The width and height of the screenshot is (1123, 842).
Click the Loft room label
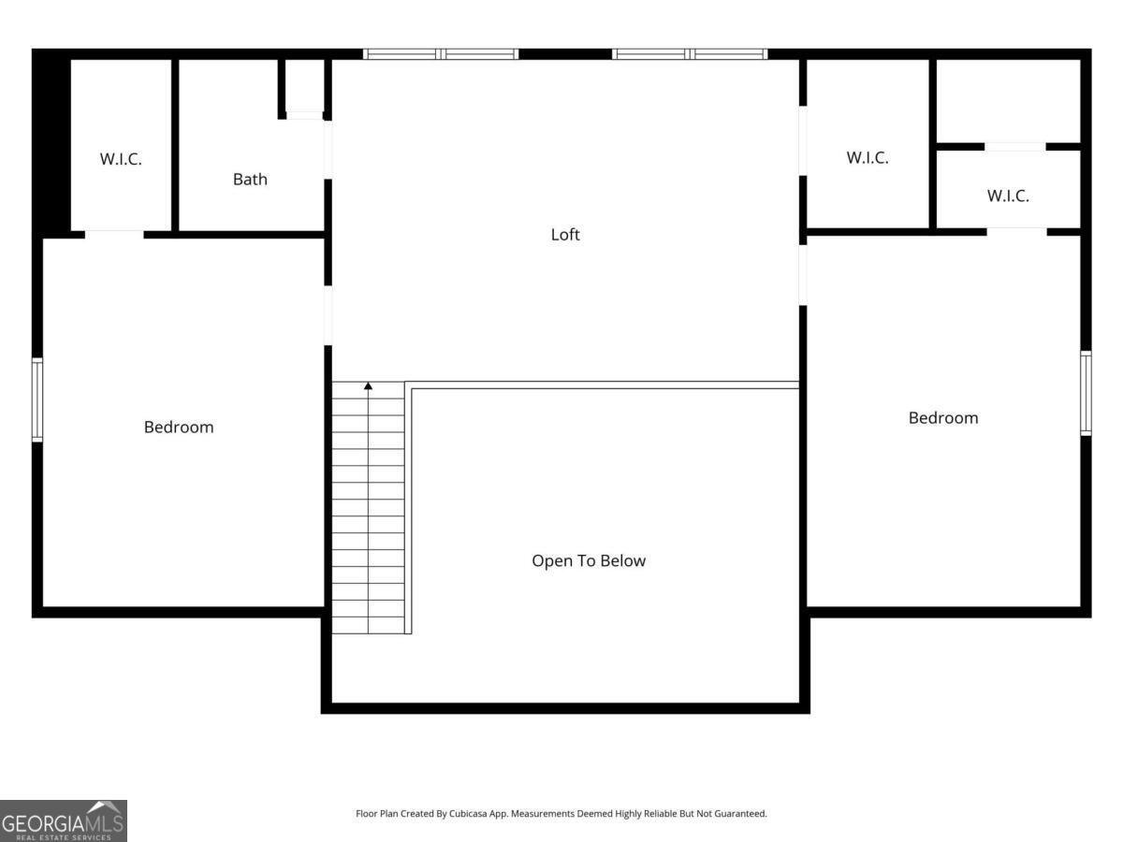[x=565, y=235]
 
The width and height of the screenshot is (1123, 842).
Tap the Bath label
[x=250, y=180]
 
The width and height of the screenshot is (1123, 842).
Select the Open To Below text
[x=589, y=560]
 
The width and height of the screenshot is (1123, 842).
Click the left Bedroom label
[x=179, y=427]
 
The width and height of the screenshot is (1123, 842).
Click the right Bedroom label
[x=943, y=417]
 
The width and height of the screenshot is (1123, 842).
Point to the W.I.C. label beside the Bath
[x=121, y=159]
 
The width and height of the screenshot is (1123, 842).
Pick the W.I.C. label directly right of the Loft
[x=868, y=157]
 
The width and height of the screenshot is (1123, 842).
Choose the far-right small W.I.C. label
[x=1008, y=196]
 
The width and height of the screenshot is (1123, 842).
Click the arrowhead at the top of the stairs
[x=368, y=386]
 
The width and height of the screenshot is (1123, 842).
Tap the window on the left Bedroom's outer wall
[x=37, y=399]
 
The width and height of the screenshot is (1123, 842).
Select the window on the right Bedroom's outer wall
[x=1086, y=393]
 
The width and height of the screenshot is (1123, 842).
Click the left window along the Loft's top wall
[x=441, y=54]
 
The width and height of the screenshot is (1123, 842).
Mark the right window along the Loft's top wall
[x=690, y=54]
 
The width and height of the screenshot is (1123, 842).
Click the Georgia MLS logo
[x=64, y=821]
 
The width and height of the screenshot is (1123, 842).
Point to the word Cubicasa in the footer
[x=468, y=813]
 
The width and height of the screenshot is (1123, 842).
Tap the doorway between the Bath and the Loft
[x=328, y=150]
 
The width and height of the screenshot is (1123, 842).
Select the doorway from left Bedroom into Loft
[x=328, y=315]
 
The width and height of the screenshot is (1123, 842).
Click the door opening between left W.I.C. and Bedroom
[x=114, y=235]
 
